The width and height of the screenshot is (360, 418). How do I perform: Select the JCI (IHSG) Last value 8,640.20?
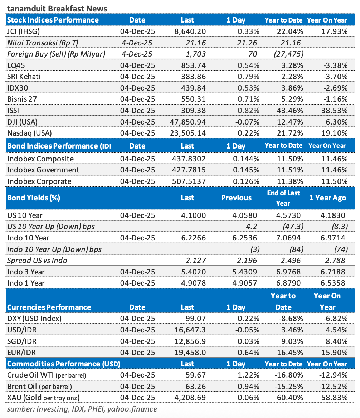coord(190,31)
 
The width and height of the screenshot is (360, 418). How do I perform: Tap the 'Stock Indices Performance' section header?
coord(53,20)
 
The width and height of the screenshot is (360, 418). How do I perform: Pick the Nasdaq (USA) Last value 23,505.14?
coord(188,133)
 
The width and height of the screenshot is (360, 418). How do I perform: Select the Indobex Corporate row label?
coord(39,181)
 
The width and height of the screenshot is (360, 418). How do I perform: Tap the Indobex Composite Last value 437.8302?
coord(189,159)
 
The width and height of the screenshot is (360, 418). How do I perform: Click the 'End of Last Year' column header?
coord(283,198)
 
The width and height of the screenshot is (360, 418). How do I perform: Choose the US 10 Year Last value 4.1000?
coord(193,215)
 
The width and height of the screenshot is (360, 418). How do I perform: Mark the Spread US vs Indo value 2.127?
coord(196,261)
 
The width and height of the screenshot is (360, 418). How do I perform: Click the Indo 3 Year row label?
coord(26,272)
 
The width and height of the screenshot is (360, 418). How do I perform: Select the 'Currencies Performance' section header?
coord(49,307)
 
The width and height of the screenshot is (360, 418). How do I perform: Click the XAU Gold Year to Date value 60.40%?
coord(290,398)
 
